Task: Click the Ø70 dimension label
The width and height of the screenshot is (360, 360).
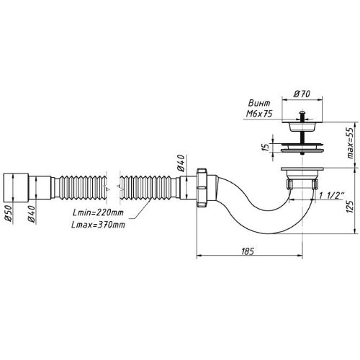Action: pos(302,94)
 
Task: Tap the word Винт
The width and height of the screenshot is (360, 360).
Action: pos(259,103)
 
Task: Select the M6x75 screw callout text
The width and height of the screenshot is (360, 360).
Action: pos(259,113)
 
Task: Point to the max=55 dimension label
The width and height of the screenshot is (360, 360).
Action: pos(351,143)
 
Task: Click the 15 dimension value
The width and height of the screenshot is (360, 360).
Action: pos(266,147)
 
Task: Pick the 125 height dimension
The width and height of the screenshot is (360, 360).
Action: pos(351,207)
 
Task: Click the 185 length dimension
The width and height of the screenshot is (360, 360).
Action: pos(248,251)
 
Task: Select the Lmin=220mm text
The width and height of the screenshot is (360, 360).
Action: pos(98,212)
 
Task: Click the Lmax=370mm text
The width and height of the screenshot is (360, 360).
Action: pos(98,225)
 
